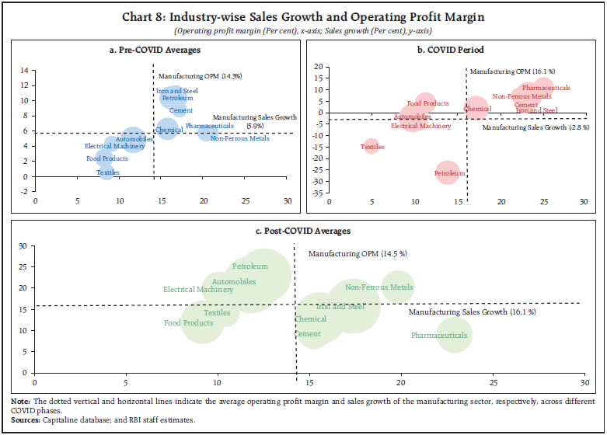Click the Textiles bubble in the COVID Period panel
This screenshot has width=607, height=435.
tap(372, 146)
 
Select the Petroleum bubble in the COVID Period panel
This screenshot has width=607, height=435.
tap(448, 172)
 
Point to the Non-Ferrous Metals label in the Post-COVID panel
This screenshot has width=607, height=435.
tap(379, 287)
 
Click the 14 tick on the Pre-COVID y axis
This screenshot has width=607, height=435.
tap(24, 71)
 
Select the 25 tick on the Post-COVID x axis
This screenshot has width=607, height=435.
tap(493, 383)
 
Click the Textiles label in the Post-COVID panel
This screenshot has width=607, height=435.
tap(217, 312)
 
